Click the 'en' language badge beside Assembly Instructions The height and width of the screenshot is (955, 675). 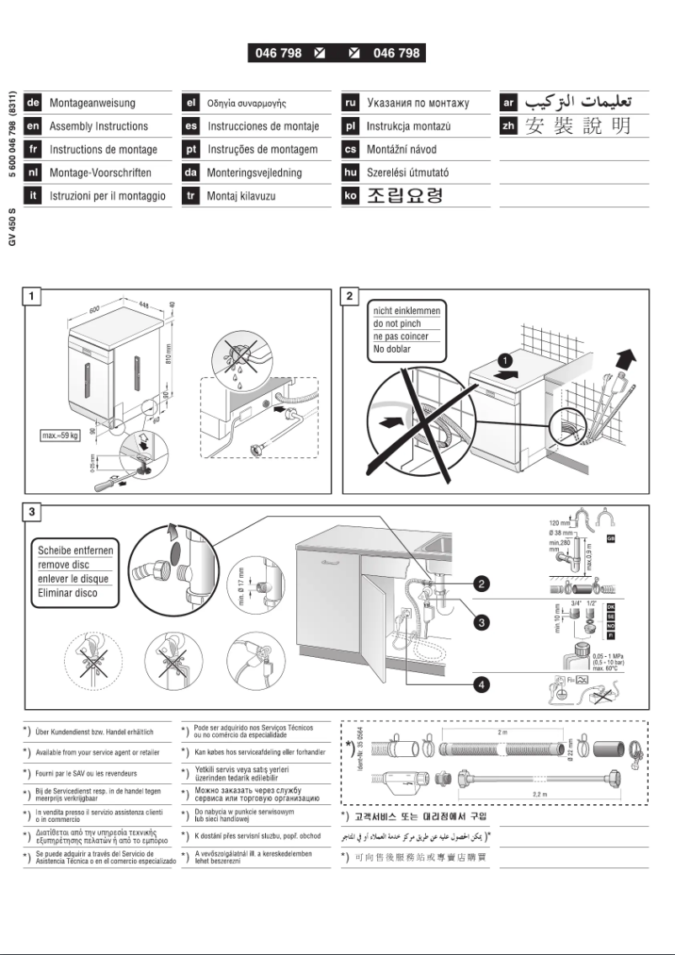pyautogui.click(x=35, y=126)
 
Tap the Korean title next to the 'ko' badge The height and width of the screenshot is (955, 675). pyautogui.click(x=403, y=196)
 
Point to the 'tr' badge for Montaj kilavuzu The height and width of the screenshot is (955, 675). pyautogui.click(x=191, y=195)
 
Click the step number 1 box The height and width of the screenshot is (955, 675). pyautogui.click(x=31, y=296)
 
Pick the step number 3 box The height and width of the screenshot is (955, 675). pyautogui.click(x=31, y=513)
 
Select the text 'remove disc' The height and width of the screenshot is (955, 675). pyautogui.click(x=64, y=566)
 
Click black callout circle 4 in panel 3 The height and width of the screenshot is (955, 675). pyautogui.click(x=481, y=684)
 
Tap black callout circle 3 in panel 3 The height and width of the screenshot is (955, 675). pyautogui.click(x=481, y=622)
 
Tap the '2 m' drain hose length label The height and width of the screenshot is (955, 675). pyautogui.click(x=502, y=733)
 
